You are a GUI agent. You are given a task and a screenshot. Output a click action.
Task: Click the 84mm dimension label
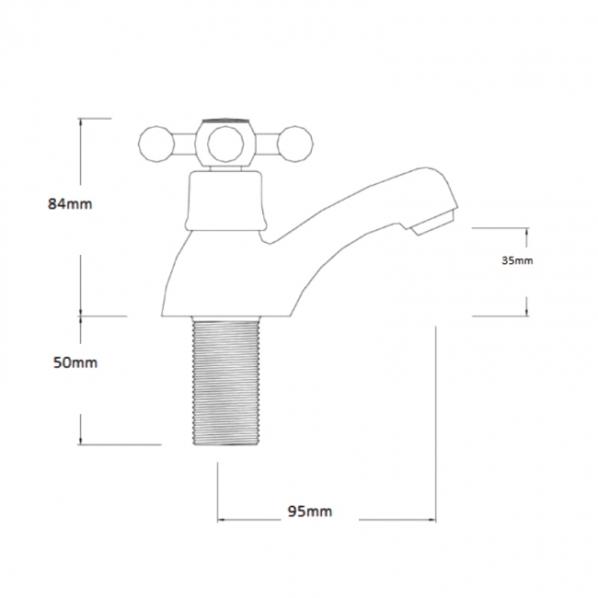(x=70, y=204)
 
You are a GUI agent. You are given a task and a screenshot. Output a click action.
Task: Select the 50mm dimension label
(x=75, y=362)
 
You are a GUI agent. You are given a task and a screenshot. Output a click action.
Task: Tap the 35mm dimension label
(x=517, y=261)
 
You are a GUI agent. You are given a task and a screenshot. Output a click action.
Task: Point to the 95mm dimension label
(x=310, y=511)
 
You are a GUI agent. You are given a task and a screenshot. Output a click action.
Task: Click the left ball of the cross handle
(x=156, y=144)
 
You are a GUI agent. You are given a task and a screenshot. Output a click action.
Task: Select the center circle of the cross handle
(x=225, y=144)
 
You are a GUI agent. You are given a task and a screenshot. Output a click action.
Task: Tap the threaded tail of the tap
(x=225, y=381)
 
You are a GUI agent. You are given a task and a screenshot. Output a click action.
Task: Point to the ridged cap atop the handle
(x=225, y=121)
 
